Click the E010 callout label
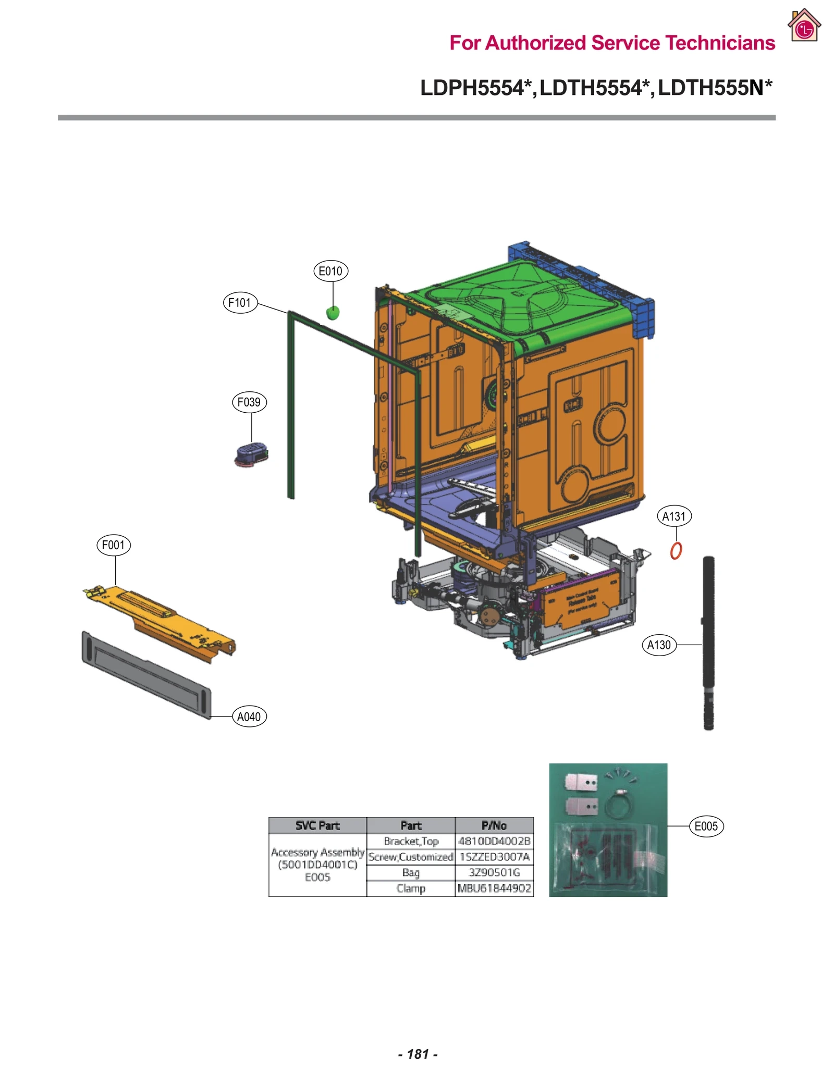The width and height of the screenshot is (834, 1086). [330, 271]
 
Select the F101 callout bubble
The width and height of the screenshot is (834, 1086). [240, 303]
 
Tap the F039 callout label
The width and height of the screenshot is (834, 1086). [249, 402]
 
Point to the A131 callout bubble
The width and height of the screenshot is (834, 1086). [673, 516]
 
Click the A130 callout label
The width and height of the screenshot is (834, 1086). [659, 645]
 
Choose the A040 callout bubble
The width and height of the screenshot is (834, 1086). [249, 717]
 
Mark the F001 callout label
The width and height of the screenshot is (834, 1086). [113, 546]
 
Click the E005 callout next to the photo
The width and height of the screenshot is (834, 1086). [706, 826]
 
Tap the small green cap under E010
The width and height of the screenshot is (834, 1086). [333, 313]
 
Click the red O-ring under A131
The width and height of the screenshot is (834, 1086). [676, 551]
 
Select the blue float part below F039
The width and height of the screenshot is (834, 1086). [251, 454]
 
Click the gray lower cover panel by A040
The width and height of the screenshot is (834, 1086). [146, 675]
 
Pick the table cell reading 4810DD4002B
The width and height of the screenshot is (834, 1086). [494, 841]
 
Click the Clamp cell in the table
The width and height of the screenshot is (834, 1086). [411, 888]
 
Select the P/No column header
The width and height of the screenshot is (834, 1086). [494, 825]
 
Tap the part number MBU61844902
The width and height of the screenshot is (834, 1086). [494, 888]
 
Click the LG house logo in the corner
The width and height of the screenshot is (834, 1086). [804, 26]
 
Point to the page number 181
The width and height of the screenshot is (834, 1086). [418, 1054]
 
